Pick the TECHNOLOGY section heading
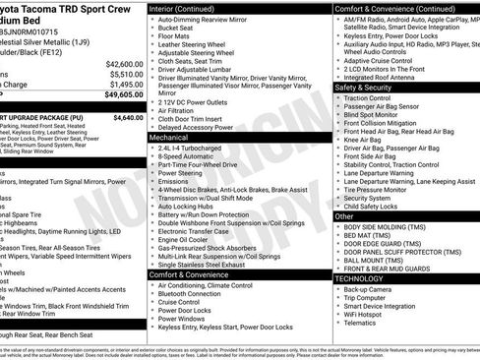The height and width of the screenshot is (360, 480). coord(360,279)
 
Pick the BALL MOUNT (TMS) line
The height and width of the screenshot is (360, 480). coord(375,258)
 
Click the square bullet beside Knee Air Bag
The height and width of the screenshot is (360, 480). coord(337,140)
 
